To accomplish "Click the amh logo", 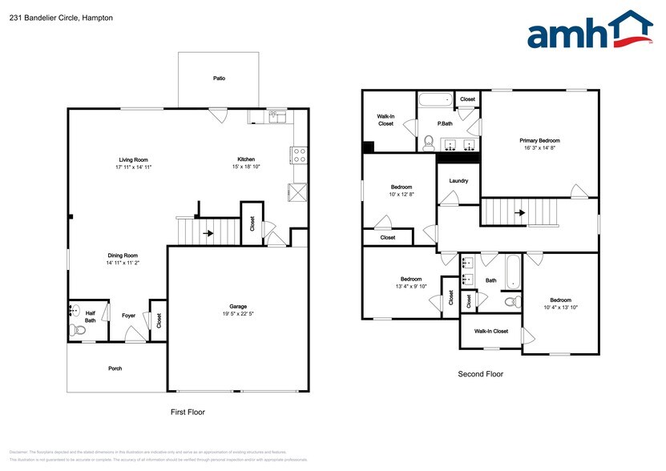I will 589,32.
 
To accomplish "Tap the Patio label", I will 219,78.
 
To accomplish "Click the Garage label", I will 238,306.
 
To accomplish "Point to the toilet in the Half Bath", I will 79,329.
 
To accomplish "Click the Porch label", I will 115,368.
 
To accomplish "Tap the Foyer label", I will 128,316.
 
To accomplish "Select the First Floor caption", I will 188,412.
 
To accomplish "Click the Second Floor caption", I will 481,374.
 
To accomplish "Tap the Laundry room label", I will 458,181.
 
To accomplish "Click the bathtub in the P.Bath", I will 436,102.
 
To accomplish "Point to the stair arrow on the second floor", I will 521,213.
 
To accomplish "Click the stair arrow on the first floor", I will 209,234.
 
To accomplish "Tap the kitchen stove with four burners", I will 300,155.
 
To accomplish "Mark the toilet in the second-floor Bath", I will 509,302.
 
